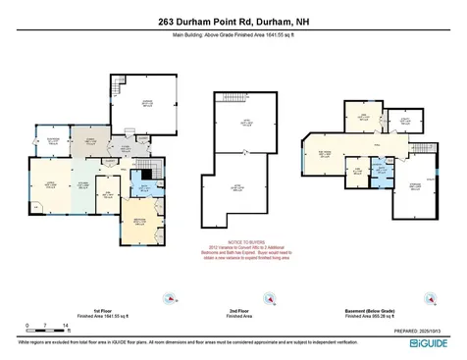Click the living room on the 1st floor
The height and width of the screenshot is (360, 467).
pyautogui.click(x=47, y=186)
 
